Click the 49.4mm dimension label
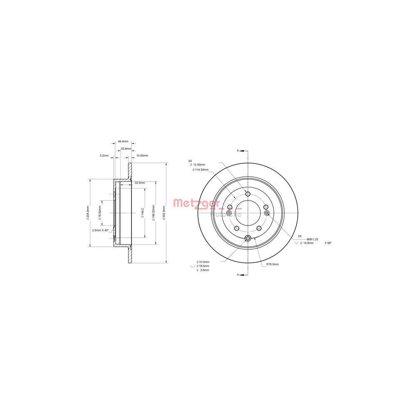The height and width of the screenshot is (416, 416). pos(123,141)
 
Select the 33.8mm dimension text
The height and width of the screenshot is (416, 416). pos(126,149)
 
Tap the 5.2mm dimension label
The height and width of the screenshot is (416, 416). pos(104,156)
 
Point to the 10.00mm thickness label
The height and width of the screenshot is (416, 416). pos(142,156)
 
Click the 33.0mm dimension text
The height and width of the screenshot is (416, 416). pos(139,183)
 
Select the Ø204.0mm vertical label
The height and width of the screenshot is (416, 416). pos(88,213)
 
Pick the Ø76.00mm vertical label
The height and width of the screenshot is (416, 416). pos(99,213)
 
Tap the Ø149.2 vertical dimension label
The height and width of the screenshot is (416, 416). pos(142,213)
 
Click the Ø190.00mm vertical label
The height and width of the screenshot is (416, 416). pos(154,213)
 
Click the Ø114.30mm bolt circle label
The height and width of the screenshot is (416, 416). pos(200,170)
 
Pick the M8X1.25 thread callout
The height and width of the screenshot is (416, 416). pos(313,239)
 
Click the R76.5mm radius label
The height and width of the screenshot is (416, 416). pos(272,264)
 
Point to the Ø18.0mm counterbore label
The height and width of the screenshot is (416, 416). pos(203,265)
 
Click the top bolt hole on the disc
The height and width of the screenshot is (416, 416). pos(248,194)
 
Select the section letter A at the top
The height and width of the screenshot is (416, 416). pos(238,150)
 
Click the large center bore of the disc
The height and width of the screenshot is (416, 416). pos(248,213)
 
